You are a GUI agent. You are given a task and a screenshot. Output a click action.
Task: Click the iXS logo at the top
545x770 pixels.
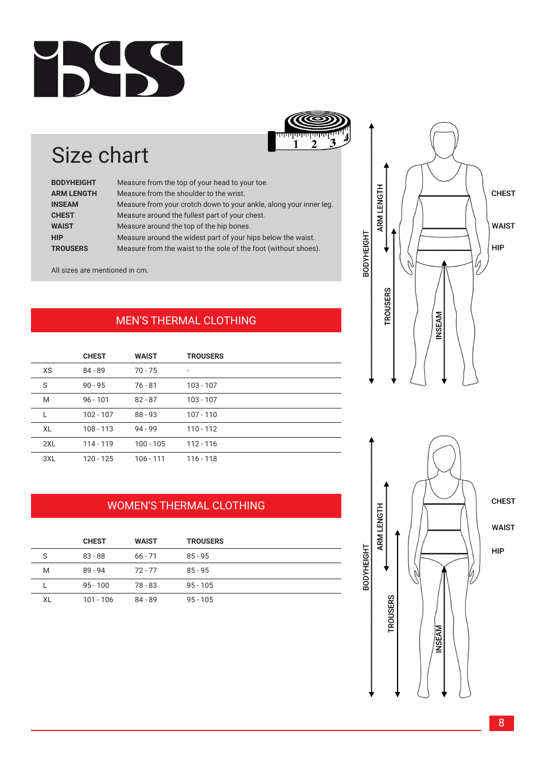tap(109, 69)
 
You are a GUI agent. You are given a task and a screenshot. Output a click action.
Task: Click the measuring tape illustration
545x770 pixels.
tap(310, 132)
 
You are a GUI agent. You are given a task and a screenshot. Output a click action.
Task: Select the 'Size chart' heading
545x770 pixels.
tap(100, 155)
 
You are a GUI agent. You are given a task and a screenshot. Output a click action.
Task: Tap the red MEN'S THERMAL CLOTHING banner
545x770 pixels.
tap(186, 320)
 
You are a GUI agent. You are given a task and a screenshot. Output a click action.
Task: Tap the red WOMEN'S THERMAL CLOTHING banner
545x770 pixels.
tap(186, 506)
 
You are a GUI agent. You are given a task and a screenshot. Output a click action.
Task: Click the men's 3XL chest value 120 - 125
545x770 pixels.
tap(98, 459)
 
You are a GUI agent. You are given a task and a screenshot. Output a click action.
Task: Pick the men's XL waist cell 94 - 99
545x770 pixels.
tap(146, 429)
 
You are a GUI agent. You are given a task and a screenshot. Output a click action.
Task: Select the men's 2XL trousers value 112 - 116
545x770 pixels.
tap(202, 444)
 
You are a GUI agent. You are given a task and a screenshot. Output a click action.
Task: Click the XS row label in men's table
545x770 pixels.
tap(47, 371)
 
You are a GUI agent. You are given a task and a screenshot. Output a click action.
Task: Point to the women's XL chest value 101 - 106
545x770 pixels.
tap(98, 600)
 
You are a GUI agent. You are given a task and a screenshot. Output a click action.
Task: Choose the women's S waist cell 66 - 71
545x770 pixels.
tap(146, 556)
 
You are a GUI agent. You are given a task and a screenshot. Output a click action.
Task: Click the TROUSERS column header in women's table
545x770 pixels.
tap(205, 541)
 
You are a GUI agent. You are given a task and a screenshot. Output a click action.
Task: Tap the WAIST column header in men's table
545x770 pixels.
tap(146, 356)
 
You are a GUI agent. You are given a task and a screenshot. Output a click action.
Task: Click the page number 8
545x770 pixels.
tap(501, 723)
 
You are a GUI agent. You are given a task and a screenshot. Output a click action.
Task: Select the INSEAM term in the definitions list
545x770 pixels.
tap(65, 205)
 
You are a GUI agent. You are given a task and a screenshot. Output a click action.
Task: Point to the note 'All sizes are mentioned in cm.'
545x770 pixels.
tap(100, 270)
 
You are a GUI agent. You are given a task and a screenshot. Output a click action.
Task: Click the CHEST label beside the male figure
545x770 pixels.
tap(503, 194)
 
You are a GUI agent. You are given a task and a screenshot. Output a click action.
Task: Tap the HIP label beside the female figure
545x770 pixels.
tap(498, 551)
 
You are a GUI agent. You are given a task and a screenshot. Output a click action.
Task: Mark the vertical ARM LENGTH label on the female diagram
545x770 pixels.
tap(380, 527)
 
